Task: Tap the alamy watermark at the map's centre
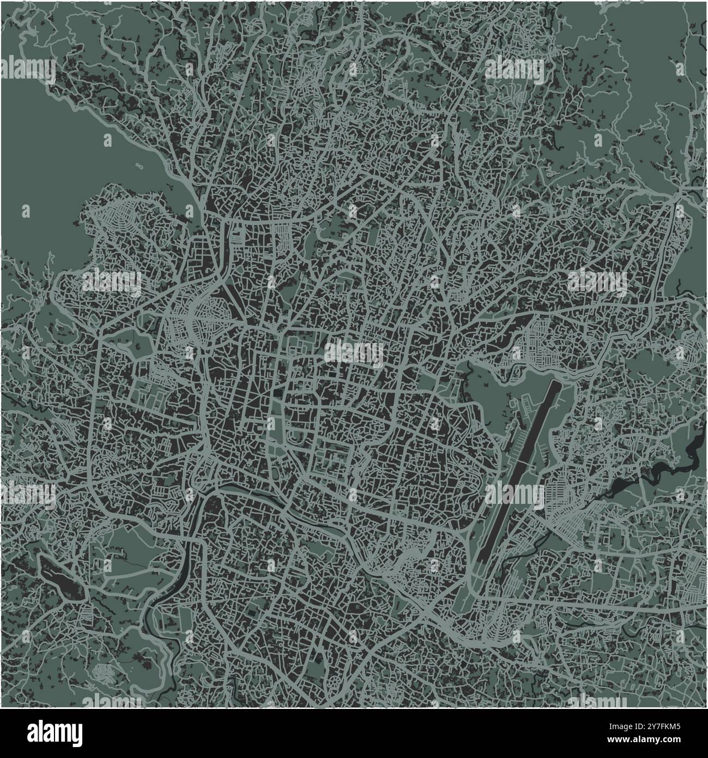pos(354,352)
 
